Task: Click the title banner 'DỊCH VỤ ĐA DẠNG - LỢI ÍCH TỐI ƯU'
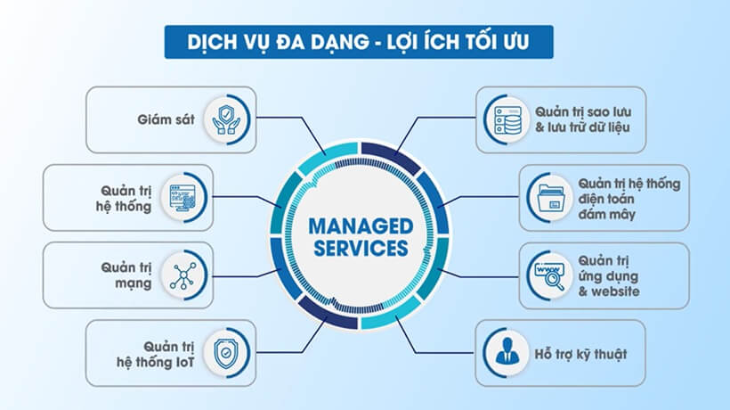click(359, 41)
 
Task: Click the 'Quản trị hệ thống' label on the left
click(126, 196)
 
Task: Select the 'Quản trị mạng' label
click(126, 274)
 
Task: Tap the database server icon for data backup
click(506, 119)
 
